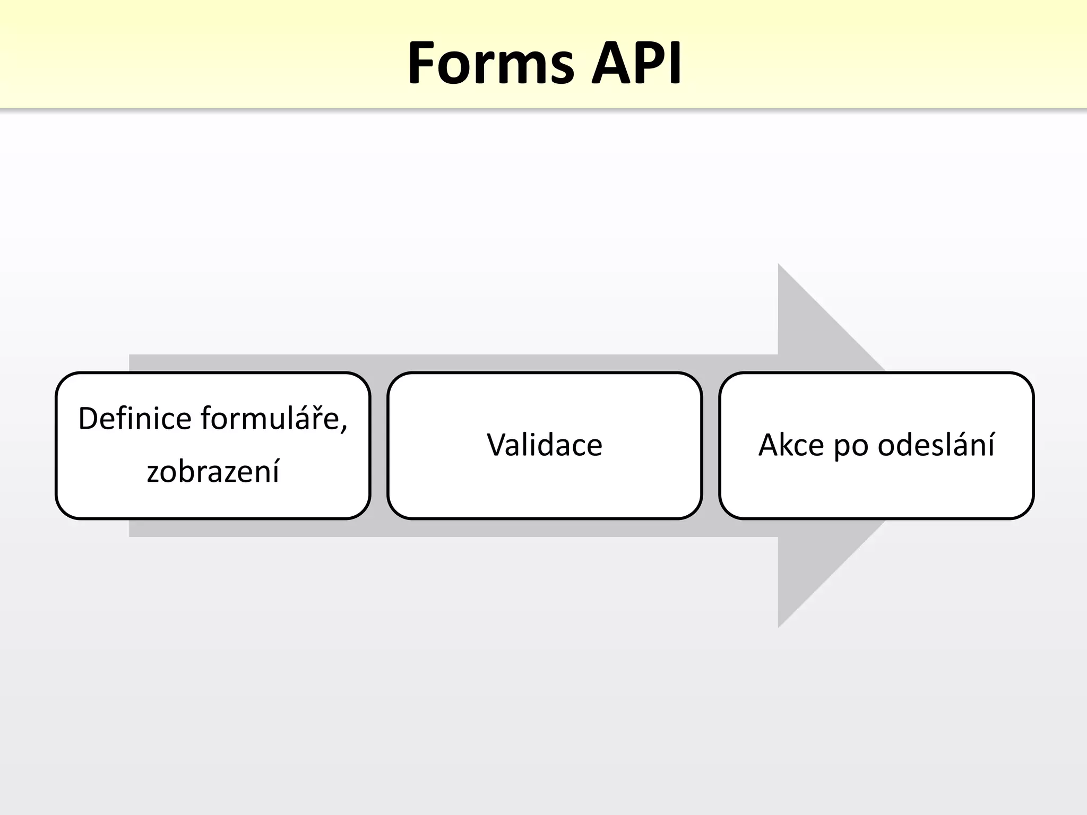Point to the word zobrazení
213,471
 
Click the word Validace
545,445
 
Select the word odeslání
936,445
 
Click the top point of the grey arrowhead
779,265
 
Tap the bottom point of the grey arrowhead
779,626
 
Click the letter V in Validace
497,445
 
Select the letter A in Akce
769,445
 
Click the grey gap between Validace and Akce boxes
711,446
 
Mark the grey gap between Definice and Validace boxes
379,446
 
